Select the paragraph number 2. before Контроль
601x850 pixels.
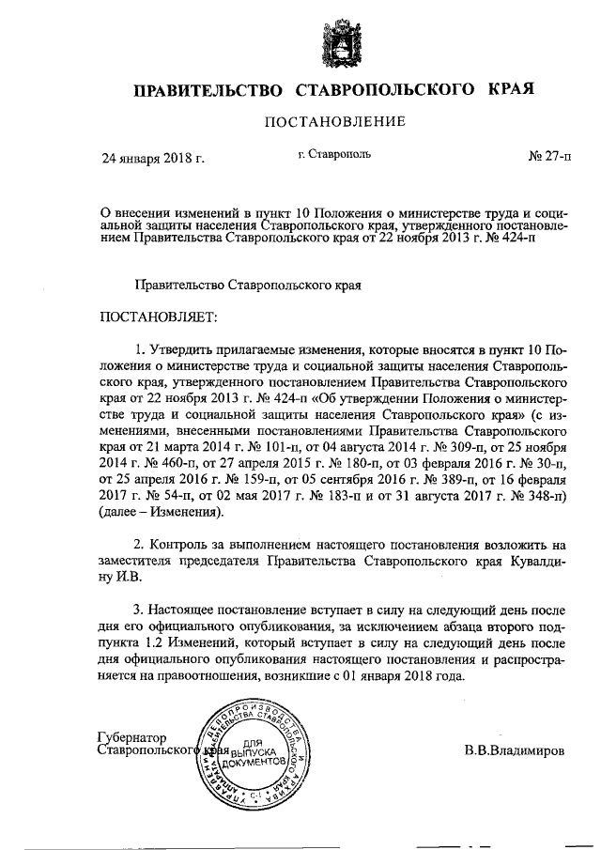coord(141,545)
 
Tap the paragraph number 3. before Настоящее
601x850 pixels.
coord(141,610)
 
